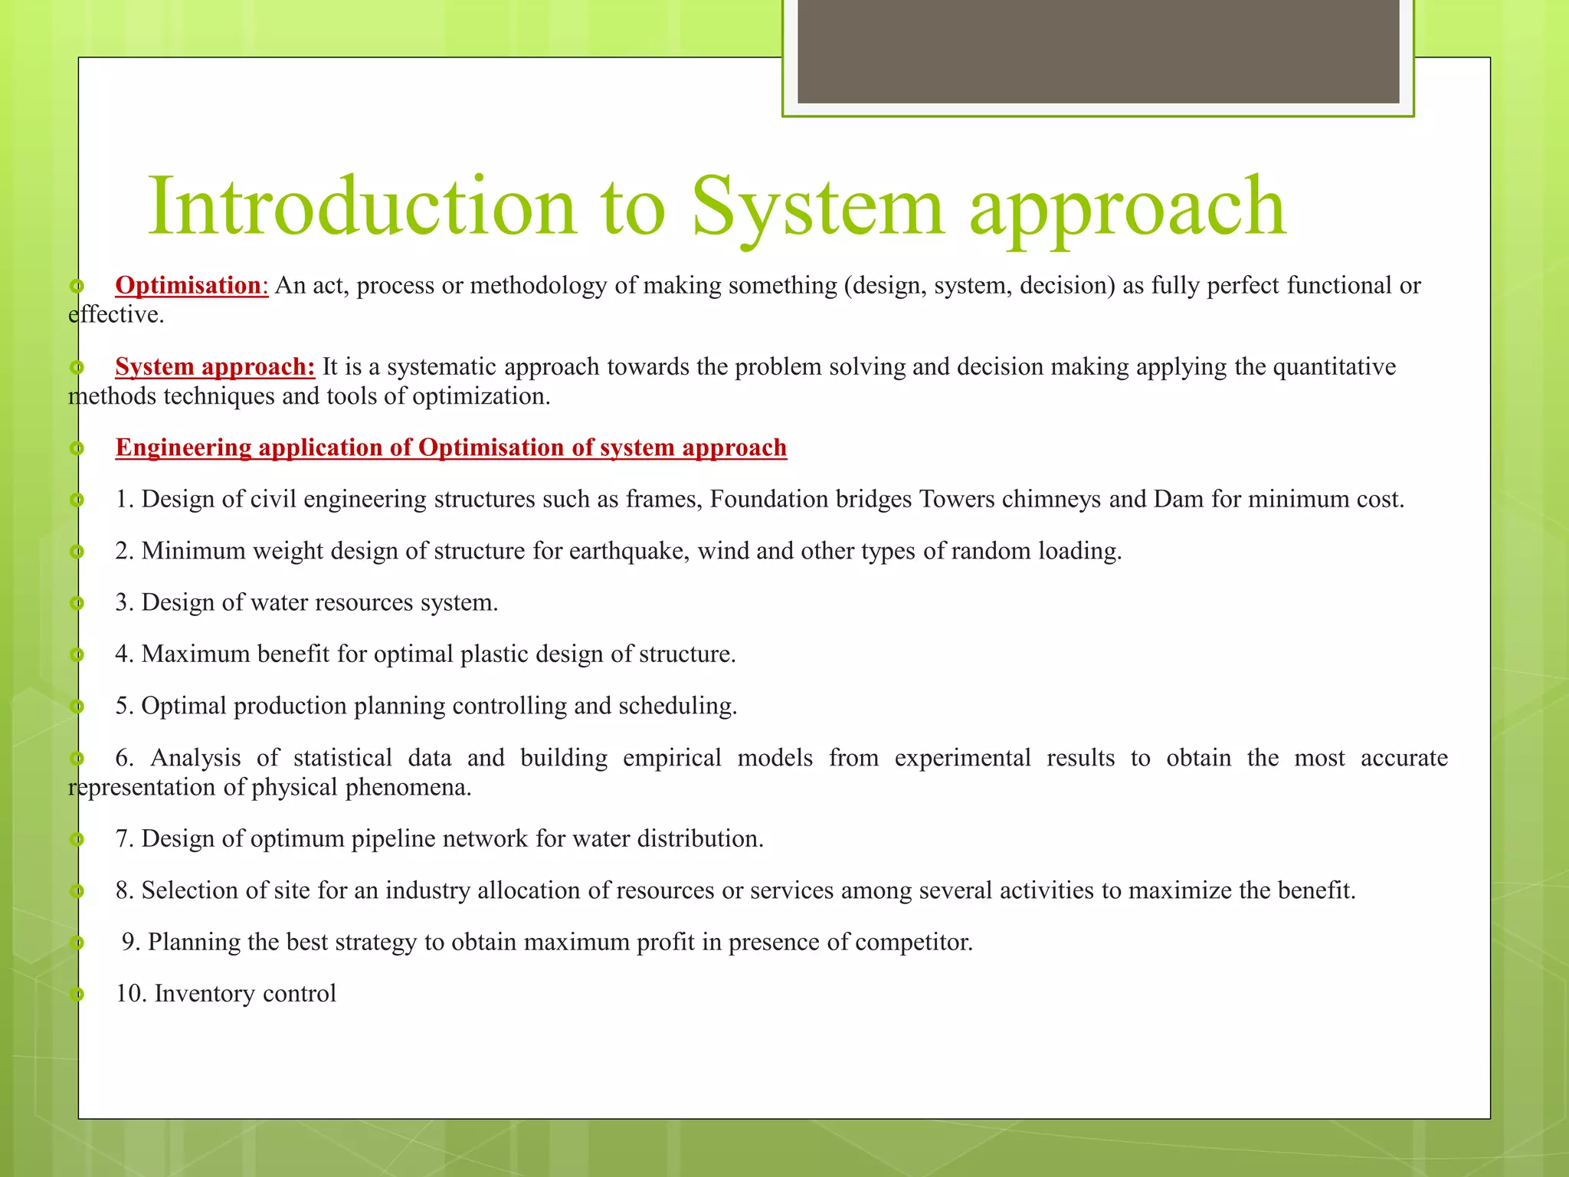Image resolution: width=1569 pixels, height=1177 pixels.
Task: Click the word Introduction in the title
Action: (361, 207)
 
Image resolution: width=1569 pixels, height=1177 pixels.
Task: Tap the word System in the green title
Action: (817, 207)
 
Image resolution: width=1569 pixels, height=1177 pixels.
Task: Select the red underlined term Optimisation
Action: (188, 286)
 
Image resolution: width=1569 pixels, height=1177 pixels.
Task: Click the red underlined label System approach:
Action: (215, 367)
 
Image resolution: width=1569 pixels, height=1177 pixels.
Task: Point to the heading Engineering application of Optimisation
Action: (450, 448)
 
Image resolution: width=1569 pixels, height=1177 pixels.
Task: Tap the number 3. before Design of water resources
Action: (125, 603)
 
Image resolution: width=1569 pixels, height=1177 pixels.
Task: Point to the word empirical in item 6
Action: (672, 758)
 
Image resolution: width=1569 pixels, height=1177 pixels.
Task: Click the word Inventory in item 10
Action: (205, 994)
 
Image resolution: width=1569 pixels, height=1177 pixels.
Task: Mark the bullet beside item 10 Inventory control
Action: (76, 995)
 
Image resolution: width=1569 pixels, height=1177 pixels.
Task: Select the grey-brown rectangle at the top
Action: (1098, 51)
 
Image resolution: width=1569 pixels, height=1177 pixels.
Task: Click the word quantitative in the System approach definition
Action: (1334, 367)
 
